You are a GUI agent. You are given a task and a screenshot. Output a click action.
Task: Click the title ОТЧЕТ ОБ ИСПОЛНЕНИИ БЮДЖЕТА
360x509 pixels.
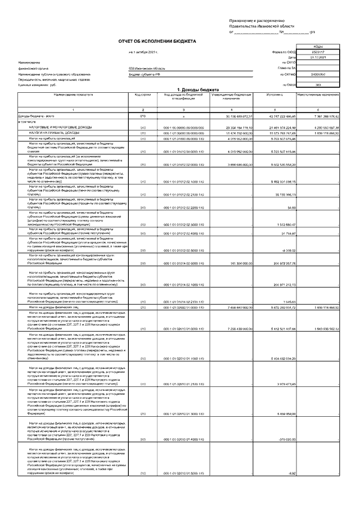pyautogui.click(x=157, y=42)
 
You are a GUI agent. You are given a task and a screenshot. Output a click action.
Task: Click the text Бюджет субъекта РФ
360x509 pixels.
pyautogui.click(x=145, y=74)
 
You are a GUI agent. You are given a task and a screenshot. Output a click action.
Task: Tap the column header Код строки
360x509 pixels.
pyautogui.click(x=143, y=95)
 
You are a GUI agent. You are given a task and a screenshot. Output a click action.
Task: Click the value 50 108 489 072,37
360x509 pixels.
pyautogui.click(x=232, y=116)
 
